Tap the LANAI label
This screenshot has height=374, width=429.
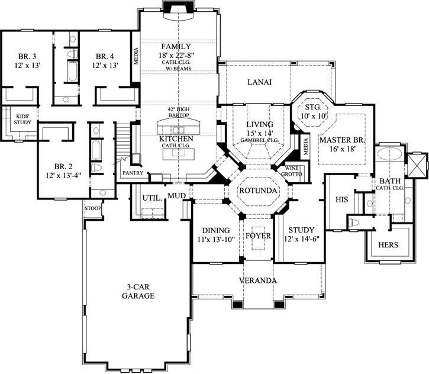tap(259, 82)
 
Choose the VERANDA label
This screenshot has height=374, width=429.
tap(259, 279)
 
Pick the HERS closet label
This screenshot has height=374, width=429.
tap(388, 244)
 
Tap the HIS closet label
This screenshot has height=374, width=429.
tap(341, 199)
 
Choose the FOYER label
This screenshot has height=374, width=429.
tap(259, 236)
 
